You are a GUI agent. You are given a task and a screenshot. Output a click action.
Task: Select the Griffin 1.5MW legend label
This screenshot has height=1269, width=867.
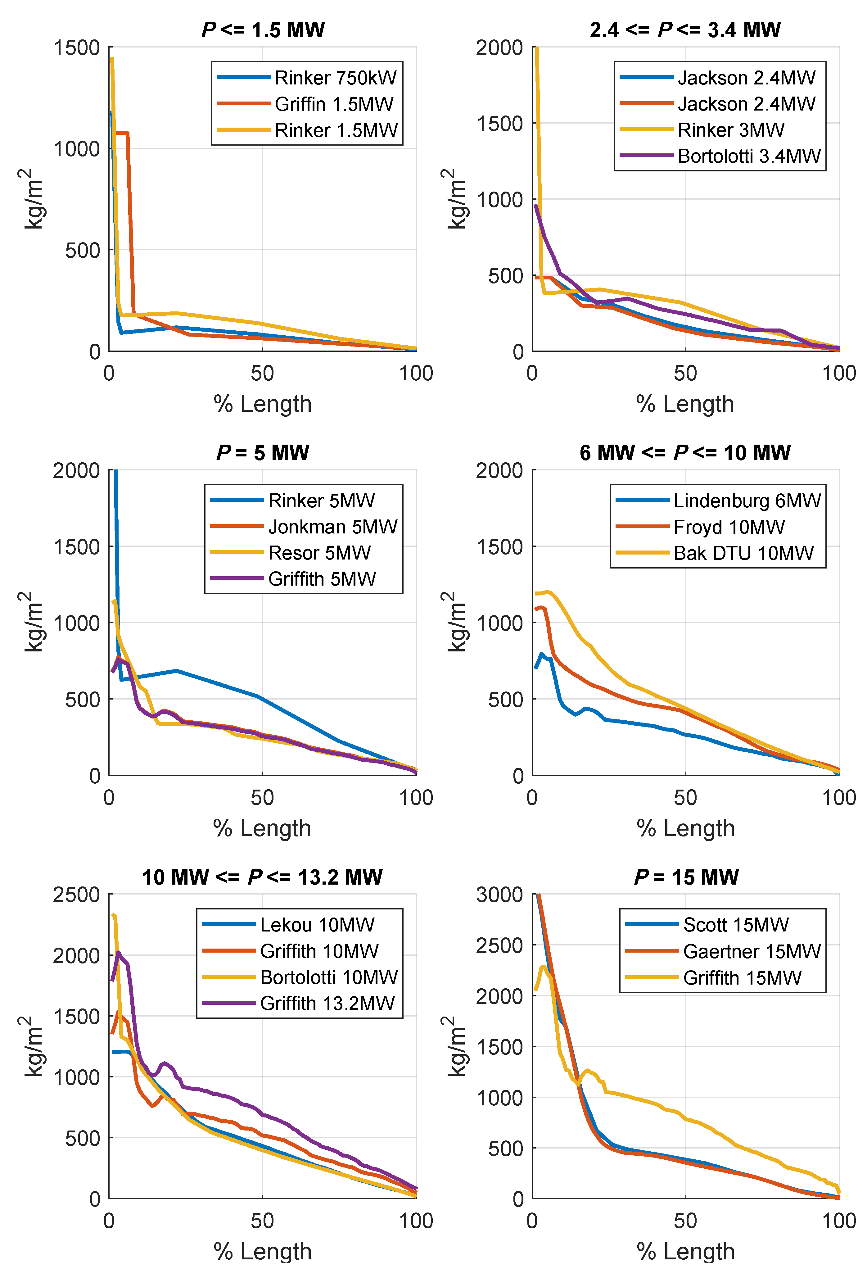(334, 104)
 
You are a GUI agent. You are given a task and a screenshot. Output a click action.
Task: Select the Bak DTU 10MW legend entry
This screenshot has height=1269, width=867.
(743, 553)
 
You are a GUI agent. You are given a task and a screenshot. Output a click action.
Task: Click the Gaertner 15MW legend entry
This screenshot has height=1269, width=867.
(751, 951)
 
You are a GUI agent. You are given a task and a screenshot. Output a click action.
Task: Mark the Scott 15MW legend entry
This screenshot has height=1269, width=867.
(735, 924)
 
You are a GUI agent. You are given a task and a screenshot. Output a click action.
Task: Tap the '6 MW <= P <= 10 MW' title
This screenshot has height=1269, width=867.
(685, 453)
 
